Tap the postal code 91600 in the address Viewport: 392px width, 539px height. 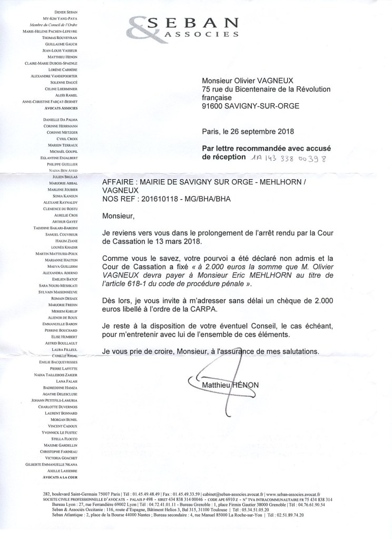tap(217, 106)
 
